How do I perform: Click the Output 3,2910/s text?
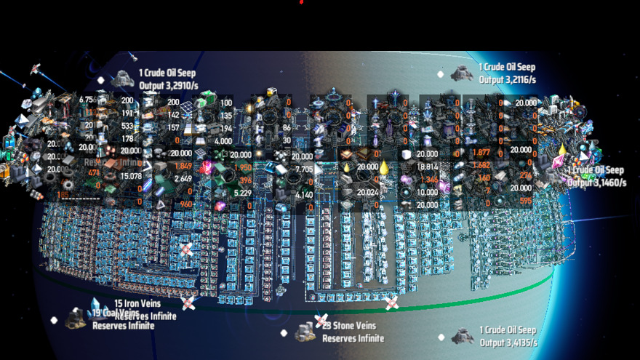point(168,86)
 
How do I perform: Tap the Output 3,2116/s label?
point(508,79)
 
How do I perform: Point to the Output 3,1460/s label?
point(596,183)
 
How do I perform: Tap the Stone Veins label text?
point(359,327)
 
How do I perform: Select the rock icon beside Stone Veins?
point(305,333)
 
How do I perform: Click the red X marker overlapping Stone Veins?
point(321,320)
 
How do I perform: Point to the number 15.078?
point(131,175)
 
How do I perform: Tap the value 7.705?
point(303,168)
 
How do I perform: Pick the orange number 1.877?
point(481,153)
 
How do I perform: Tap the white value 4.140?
point(303,194)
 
